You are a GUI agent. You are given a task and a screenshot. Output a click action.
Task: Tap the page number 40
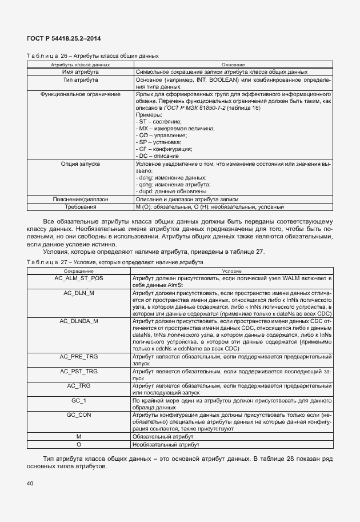pyautogui.click(x=30, y=484)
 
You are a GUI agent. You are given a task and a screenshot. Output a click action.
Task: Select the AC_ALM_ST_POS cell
pyautogui.click(x=79, y=278)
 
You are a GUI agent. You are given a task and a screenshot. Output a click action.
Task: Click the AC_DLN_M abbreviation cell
pyautogui.click(x=79, y=292)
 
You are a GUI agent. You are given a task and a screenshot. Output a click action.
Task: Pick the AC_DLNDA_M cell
pyautogui.click(x=79, y=321)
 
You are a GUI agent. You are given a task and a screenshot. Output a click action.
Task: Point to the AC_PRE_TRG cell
pyautogui.click(x=79, y=356)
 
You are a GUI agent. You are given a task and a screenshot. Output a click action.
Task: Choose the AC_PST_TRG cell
pyautogui.click(x=79, y=371)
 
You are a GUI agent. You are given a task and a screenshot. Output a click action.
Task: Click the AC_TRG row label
pyautogui.click(x=79, y=385)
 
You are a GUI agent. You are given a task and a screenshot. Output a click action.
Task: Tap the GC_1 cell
pyautogui.click(x=79, y=400)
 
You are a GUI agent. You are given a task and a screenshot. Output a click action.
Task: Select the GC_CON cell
pyautogui.click(x=79, y=415)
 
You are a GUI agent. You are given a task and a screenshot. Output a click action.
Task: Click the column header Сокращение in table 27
pyautogui.click(x=79, y=270)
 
